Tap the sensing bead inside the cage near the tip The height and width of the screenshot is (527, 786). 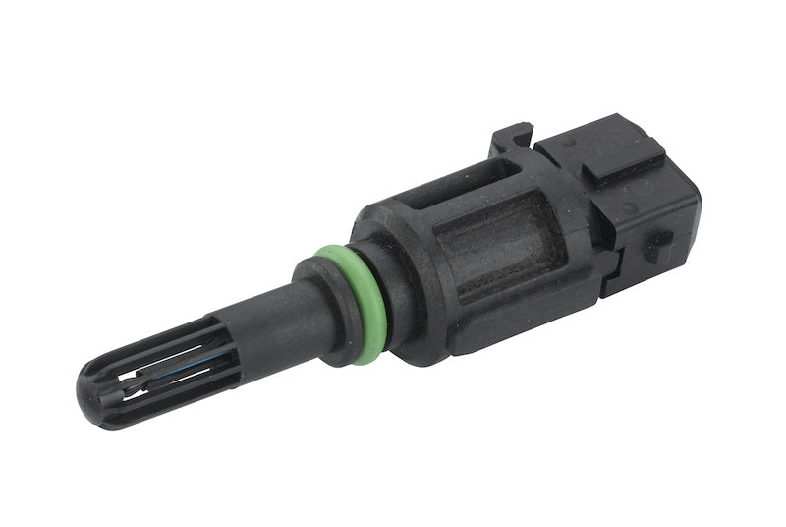[138, 381]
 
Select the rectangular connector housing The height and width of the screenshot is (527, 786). [629, 202]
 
